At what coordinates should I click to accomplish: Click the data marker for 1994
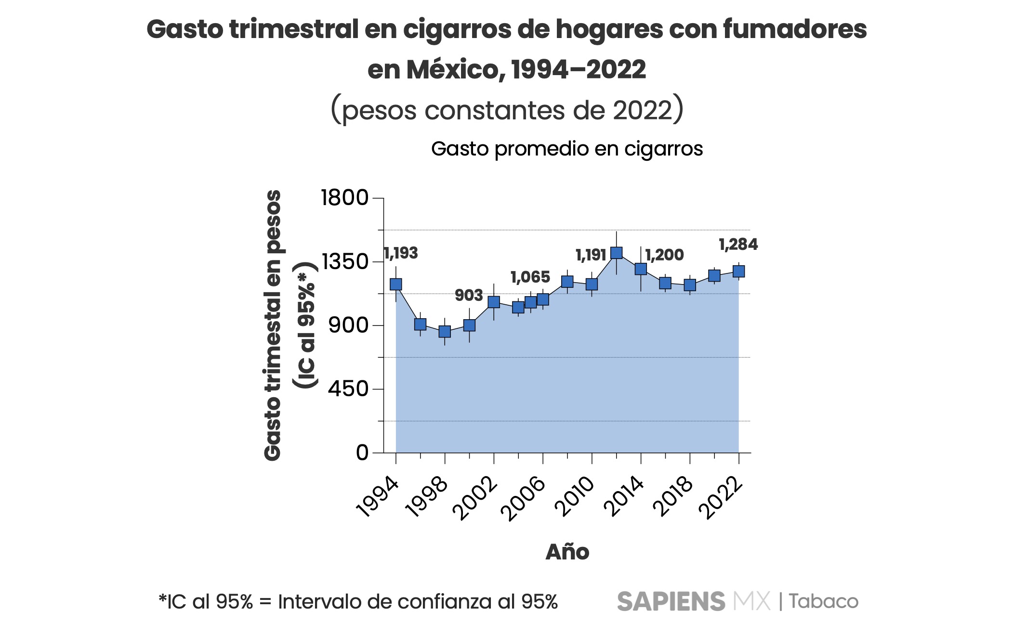tap(396, 284)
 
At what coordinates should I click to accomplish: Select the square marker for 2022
tap(738, 272)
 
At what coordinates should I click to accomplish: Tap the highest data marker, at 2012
tap(616, 253)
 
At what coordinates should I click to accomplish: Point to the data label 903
tap(469, 296)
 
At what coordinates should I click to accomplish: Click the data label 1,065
tap(530, 277)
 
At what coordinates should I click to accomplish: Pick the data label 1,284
tap(738, 245)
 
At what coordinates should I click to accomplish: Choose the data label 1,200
tap(664, 255)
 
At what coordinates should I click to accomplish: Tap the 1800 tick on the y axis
tap(345, 198)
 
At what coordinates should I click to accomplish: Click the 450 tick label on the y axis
tap(348, 389)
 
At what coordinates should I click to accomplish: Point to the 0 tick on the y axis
tap(362, 453)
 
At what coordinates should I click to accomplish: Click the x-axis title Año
tap(567, 552)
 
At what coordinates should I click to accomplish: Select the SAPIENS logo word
tap(671, 601)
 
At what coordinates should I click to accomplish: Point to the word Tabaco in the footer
tap(823, 601)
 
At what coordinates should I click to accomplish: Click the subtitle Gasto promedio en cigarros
tap(566, 149)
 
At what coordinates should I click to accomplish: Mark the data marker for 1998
tap(445, 331)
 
